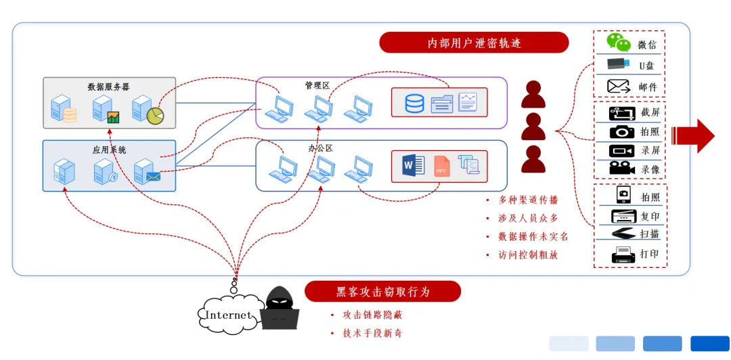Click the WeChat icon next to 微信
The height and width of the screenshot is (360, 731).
[x=618, y=43]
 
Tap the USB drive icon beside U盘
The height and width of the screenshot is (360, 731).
[x=619, y=65]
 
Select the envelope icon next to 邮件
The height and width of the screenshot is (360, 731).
[x=619, y=87]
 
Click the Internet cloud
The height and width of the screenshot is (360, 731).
[x=228, y=315]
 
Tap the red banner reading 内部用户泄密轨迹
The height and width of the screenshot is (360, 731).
[x=474, y=43]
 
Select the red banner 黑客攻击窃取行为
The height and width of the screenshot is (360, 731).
[x=382, y=292]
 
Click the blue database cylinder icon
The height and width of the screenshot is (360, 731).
[x=414, y=104]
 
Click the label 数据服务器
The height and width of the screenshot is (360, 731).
[x=108, y=87]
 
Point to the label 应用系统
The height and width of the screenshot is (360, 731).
[x=109, y=150]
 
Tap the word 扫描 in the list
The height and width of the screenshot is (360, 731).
[x=650, y=234]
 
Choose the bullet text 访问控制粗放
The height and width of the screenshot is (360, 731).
[x=528, y=255]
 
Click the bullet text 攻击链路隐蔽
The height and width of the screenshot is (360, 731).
[x=373, y=315]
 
